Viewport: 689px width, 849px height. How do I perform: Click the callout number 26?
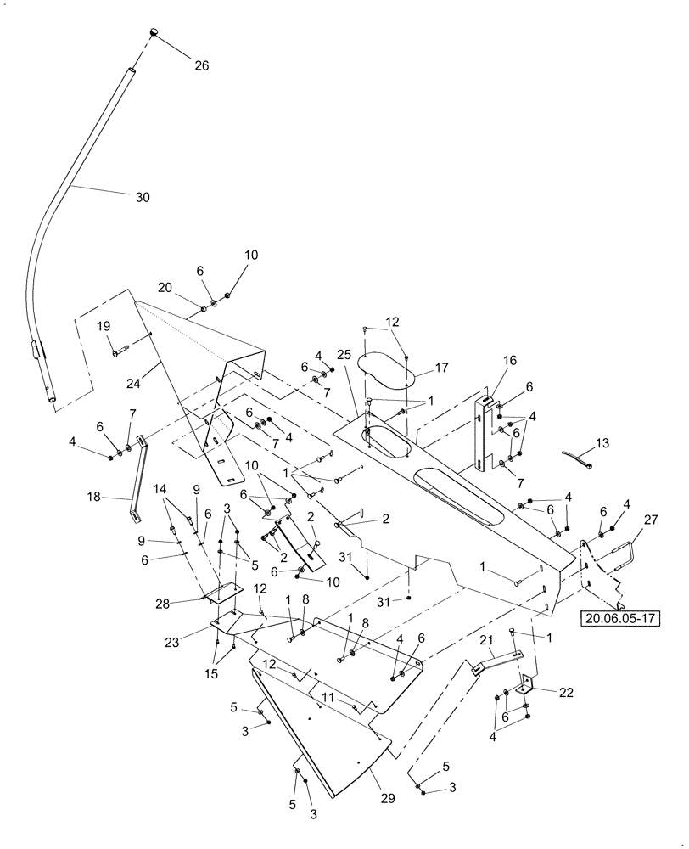point(201,65)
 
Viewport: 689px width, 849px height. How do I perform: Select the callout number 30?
point(142,197)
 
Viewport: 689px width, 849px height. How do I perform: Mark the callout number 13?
point(602,443)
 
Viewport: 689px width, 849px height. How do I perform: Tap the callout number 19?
point(103,327)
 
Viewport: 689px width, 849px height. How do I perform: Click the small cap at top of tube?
point(155,32)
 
